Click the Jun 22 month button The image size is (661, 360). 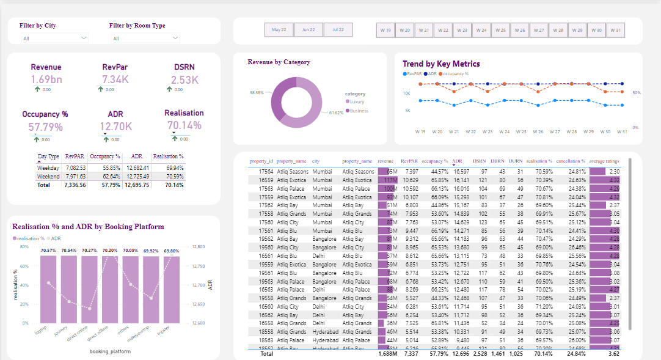(309, 30)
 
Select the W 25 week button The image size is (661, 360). (500, 30)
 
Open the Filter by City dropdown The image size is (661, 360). (54, 39)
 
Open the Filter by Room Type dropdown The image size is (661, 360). (145, 39)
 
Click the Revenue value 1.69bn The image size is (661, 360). (46, 79)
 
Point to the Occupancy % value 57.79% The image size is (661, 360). (45, 127)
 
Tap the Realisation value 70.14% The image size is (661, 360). (184, 125)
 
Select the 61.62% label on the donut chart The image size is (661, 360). (336, 113)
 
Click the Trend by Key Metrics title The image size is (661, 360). (441, 64)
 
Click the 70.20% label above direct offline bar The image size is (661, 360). (110, 251)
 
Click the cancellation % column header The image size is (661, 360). (571, 161)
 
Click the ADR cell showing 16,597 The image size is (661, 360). (461, 172)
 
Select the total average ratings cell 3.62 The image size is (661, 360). (613, 353)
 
